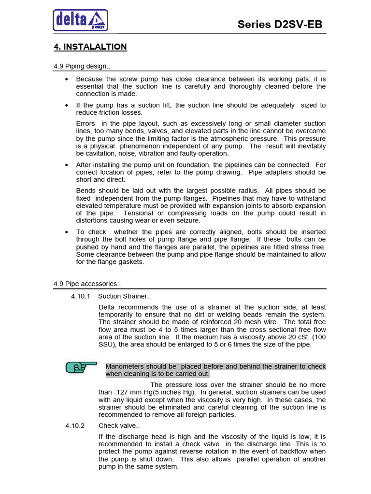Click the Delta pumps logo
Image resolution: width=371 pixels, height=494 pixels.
tap(80, 20)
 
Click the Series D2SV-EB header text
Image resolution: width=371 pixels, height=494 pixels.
tap(280, 25)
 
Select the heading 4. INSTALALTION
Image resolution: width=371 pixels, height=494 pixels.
tap(90, 47)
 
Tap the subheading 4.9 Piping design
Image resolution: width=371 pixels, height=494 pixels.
tap(82, 66)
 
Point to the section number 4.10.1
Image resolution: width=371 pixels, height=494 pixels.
tap(81, 296)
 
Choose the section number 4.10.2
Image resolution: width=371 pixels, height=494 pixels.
tap(75, 425)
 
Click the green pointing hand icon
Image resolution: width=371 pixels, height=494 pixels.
tap(81, 368)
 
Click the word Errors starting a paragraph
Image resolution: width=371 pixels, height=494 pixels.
tap(86, 123)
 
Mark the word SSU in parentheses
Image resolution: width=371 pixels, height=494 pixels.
tap(106, 344)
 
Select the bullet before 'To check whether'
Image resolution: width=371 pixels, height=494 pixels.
tap(66, 232)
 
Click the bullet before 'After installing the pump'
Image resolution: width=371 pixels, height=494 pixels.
tap(66, 165)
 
